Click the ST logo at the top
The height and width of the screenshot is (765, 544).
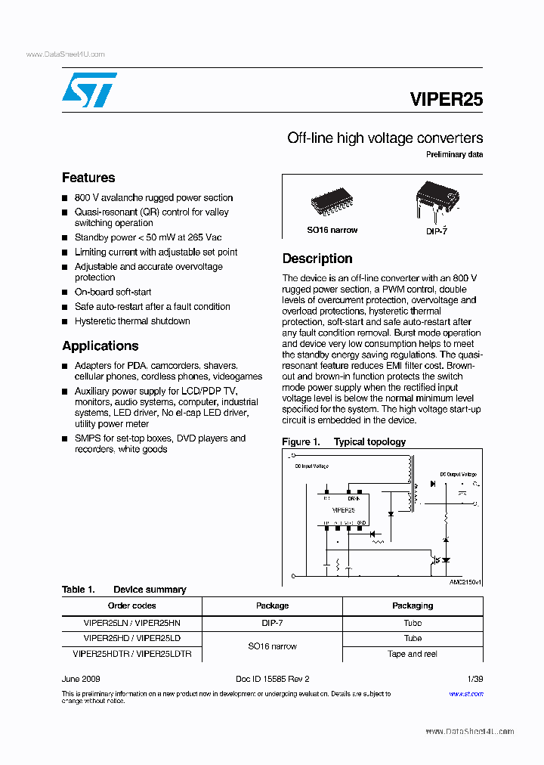[x=89, y=91]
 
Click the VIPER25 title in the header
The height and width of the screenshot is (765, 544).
[x=446, y=99]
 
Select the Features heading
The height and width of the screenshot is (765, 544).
[x=88, y=178]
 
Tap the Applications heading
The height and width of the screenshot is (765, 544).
[x=100, y=345]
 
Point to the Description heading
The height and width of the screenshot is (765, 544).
[x=317, y=259]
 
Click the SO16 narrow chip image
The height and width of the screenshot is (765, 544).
[x=332, y=201]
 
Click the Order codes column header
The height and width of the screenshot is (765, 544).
[x=132, y=605]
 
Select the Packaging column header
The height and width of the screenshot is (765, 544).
[x=413, y=605]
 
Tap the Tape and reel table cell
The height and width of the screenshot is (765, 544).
[x=413, y=654]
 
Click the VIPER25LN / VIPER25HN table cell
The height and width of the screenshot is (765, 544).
[x=132, y=623]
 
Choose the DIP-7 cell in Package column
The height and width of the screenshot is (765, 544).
[x=273, y=623]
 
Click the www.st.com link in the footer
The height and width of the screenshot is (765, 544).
[x=466, y=693]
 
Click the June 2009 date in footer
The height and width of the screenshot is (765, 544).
[x=81, y=679]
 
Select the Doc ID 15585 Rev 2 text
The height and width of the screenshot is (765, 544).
[x=272, y=679]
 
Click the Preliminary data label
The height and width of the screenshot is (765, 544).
[x=455, y=155]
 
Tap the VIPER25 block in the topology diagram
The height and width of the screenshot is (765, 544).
[x=343, y=509]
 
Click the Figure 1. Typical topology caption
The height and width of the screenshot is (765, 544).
[x=344, y=442]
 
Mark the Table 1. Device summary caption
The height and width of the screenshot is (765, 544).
[x=124, y=590]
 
